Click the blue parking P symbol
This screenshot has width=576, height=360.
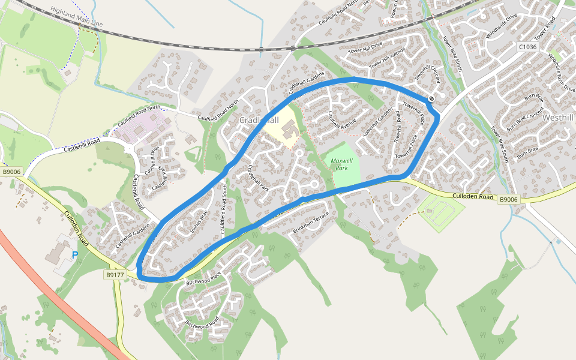[x=75, y=255]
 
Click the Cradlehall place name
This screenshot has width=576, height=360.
[x=259, y=120]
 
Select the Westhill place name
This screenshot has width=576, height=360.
[x=559, y=118]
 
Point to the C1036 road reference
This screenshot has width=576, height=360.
[x=527, y=46]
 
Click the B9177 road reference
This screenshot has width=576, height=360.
[x=115, y=275]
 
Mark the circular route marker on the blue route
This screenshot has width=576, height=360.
[x=431, y=98]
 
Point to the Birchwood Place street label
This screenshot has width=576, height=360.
[x=203, y=277]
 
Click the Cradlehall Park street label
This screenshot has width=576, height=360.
[x=259, y=178]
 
